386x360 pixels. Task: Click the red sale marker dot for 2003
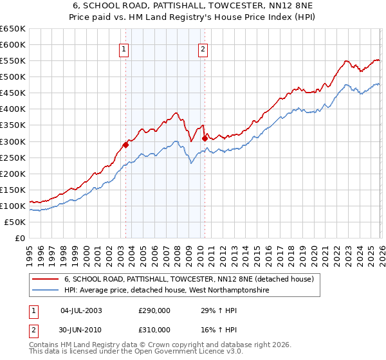click(x=125, y=145)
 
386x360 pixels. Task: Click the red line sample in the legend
click(x=46, y=279)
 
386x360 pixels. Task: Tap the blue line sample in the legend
click(x=46, y=291)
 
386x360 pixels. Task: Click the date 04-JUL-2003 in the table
click(x=81, y=310)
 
